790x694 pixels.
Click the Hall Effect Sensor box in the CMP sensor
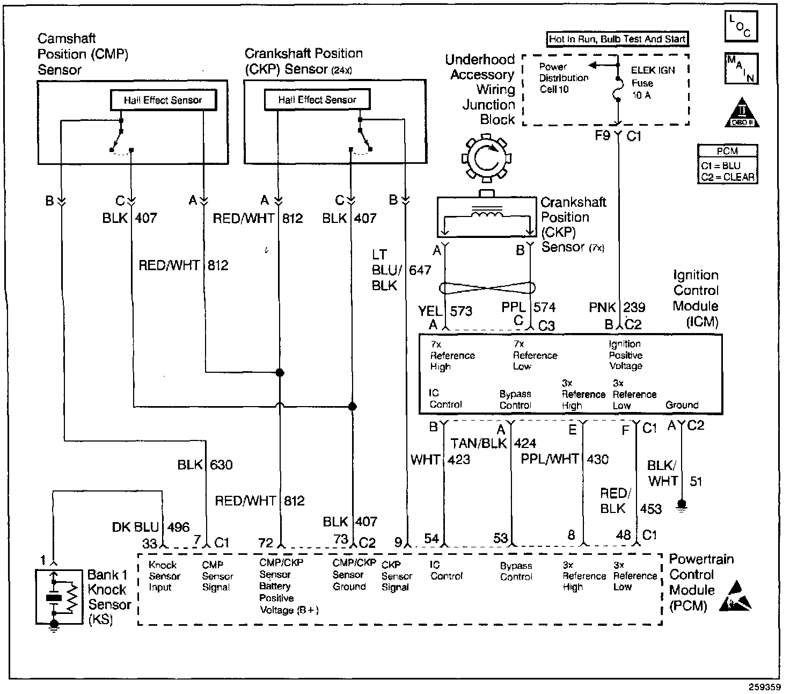point(163,100)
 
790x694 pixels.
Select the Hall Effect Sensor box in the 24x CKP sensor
point(317,99)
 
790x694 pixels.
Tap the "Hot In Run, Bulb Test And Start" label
point(617,39)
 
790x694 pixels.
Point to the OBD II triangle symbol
point(742,114)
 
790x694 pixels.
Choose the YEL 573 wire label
point(445,310)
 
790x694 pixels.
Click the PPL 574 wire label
point(528,308)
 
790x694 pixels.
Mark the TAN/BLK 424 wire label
point(493,444)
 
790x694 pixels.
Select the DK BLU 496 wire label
point(151,527)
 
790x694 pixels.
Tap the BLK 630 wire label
point(205,465)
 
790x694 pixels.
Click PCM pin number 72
point(266,543)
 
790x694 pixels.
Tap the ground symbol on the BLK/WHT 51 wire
point(682,505)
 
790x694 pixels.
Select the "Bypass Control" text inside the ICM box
point(515,400)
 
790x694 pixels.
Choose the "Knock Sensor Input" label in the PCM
point(164,576)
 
